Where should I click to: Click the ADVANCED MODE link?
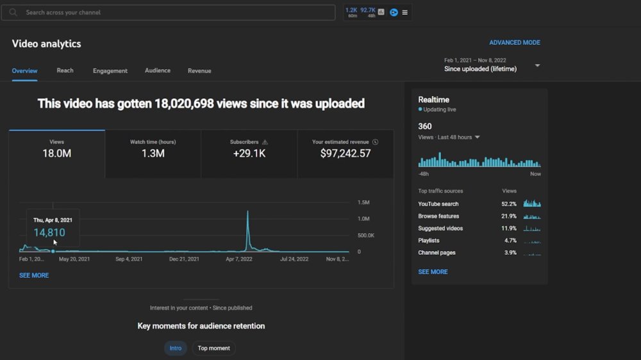click(x=515, y=42)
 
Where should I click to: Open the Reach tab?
click(x=65, y=70)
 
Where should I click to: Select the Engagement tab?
click(x=110, y=70)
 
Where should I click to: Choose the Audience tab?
click(x=158, y=70)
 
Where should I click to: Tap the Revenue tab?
click(x=199, y=70)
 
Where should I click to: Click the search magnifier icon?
click(x=13, y=12)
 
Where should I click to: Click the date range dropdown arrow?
click(x=538, y=65)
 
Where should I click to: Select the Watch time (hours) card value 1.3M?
click(x=153, y=153)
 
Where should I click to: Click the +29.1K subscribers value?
click(x=249, y=153)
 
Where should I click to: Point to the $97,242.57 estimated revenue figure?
click(x=345, y=153)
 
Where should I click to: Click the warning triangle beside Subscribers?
click(x=265, y=142)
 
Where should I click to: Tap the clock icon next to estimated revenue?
click(x=375, y=142)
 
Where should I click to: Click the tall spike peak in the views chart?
click(x=247, y=211)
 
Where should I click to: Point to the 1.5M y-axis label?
click(x=363, y=202)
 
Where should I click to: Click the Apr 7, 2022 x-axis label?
click(x=238, y=259)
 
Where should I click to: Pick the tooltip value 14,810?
click(x=49, y=233)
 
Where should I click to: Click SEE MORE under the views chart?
click(x=34, y=275)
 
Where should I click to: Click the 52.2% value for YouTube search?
click(x=509, y=204)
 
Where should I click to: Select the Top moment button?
click(x=214, y=348)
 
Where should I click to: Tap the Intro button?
click(x=176, y=348)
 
